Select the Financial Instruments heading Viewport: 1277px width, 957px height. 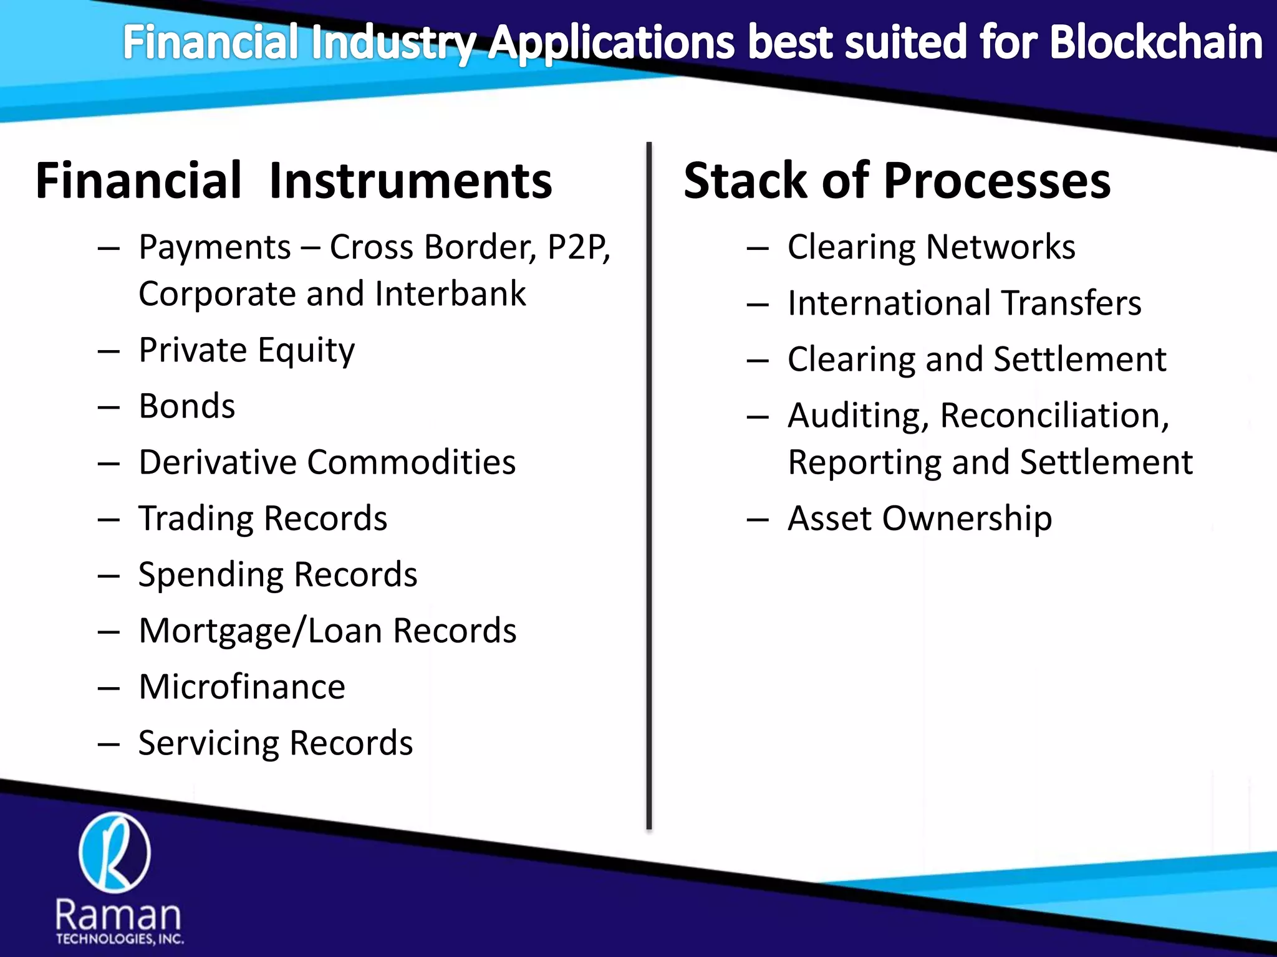(x=294, y=181)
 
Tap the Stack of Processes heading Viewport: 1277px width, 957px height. (x=897, y=181)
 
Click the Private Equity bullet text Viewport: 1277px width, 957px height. (x=246, y=350)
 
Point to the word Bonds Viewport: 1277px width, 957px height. (x=186, y=406)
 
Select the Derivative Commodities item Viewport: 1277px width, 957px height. (x=327, y=462)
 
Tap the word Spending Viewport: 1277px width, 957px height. (x=209, y=575)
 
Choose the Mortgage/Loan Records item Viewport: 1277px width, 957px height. (x=327, y=631)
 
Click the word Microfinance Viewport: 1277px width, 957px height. (x=241, y=687)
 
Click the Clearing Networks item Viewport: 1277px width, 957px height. (x=931, y=247)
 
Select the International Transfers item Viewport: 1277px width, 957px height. (x=964, y=303)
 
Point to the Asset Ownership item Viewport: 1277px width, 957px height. (x=920, y=518)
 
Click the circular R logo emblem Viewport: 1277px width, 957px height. (x=115, y=852)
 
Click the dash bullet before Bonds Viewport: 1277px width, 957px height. (x=108, y=407)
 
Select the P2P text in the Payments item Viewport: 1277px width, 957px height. (x=578, y=247)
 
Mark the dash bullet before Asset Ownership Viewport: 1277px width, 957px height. (x=757, y=520)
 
